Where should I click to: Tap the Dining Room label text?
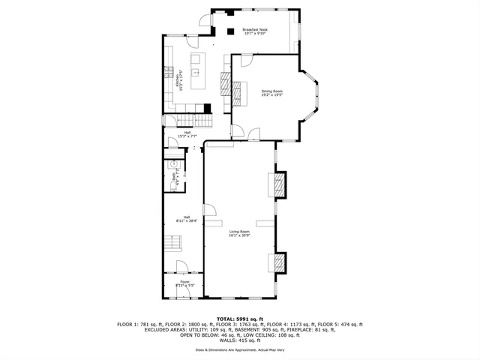(271, 93)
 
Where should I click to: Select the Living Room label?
(240, 234)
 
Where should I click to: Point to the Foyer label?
(184, 283)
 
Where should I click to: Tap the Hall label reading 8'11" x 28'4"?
(184, 219)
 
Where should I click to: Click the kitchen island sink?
(194, 73)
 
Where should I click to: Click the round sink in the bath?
(172, 163)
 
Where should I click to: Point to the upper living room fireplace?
(278, 184)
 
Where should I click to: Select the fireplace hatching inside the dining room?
(239, 94)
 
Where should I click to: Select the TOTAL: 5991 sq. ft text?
(240, 319)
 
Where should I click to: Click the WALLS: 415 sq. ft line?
(240, 340)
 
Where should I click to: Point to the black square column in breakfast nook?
(230, 31)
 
